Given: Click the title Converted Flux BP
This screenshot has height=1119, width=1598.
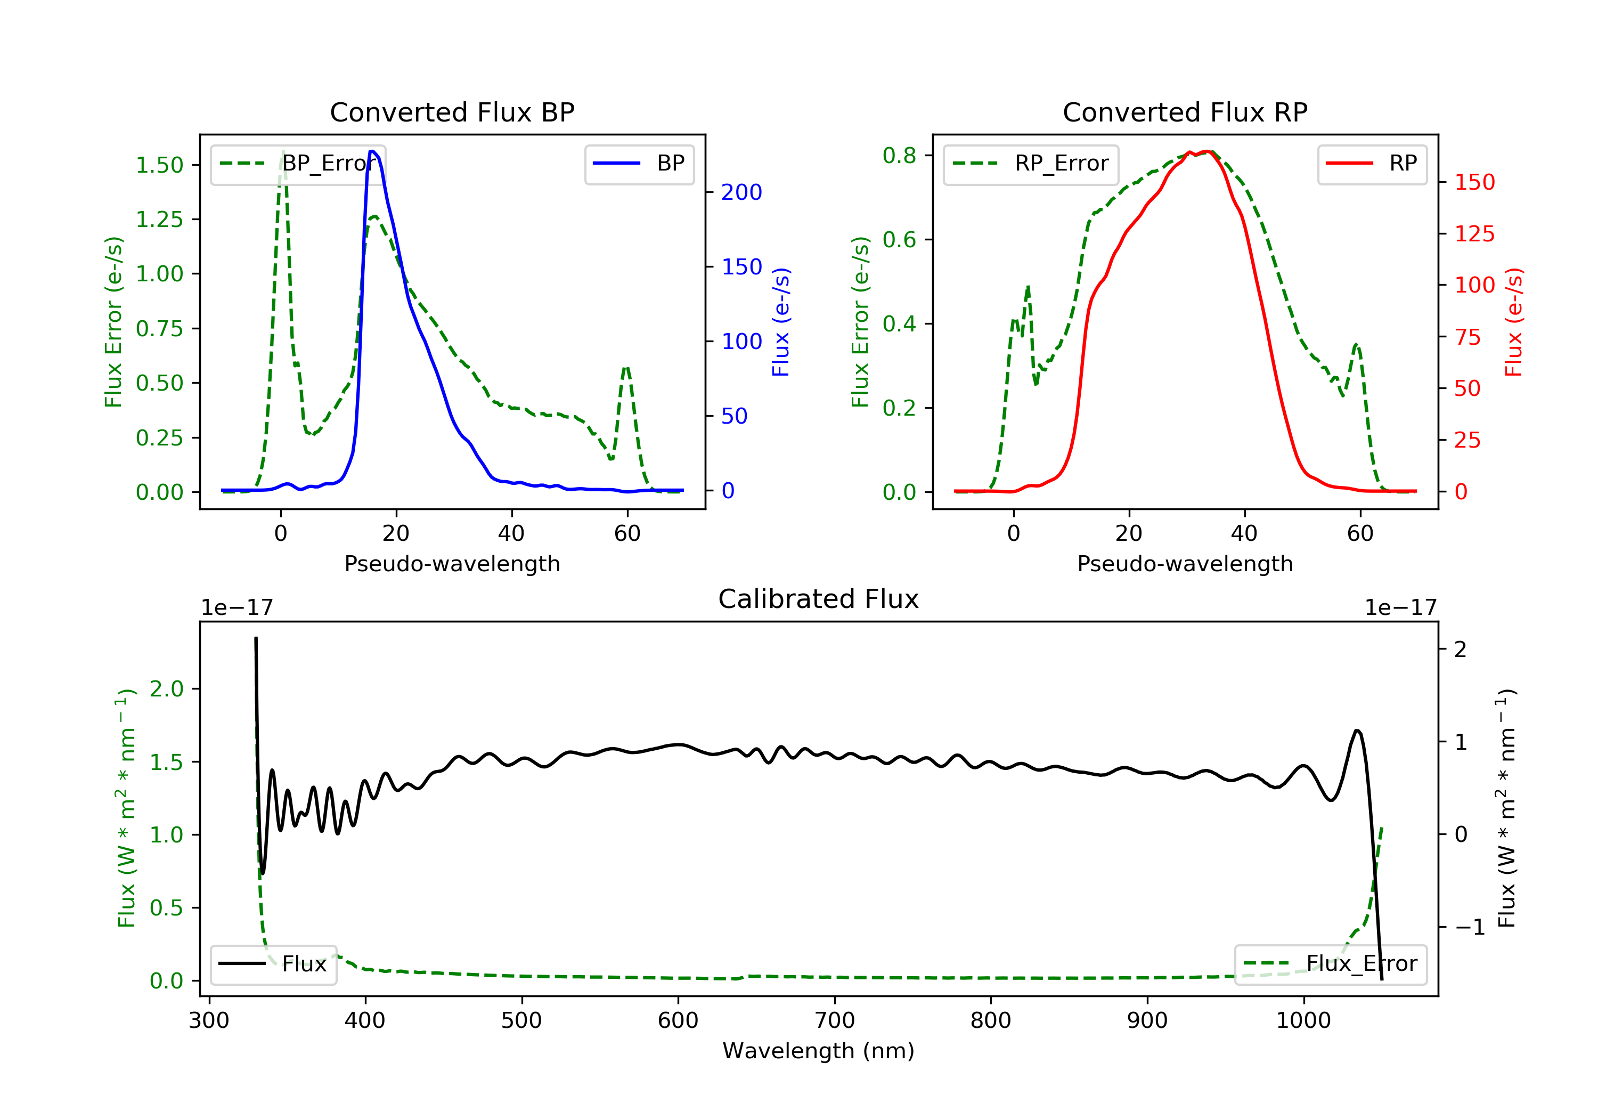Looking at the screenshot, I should (x=452, y=112).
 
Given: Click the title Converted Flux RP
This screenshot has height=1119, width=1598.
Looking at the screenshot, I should (x=1185, y=112).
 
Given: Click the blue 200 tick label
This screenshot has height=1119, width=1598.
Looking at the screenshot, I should (x=741, y=192).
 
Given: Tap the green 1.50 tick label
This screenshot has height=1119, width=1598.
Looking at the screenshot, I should (x=159, y=165).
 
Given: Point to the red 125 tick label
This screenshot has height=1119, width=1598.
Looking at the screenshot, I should (x=1474, y=234).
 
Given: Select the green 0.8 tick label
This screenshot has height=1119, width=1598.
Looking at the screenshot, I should (x=899, y=155).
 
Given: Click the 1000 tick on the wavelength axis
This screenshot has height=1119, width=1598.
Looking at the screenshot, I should (x=1303, y=1021).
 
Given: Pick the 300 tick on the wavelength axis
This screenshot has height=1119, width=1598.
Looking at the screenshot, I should (x=209, y=1021).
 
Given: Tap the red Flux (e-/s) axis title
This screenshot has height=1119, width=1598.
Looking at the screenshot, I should (x=1514, y=322).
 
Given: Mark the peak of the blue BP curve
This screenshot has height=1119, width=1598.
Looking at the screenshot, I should (x=373, y=151).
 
